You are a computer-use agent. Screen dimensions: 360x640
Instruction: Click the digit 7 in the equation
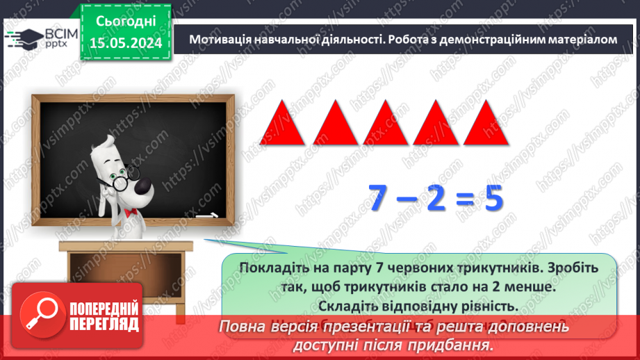point(383,200)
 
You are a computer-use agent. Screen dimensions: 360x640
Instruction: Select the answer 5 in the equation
point(493,200)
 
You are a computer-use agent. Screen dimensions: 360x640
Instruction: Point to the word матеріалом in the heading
point(582,40)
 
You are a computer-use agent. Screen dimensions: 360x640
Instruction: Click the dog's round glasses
point(120,182)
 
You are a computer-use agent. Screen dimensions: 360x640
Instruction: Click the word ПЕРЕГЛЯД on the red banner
point(104,325)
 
